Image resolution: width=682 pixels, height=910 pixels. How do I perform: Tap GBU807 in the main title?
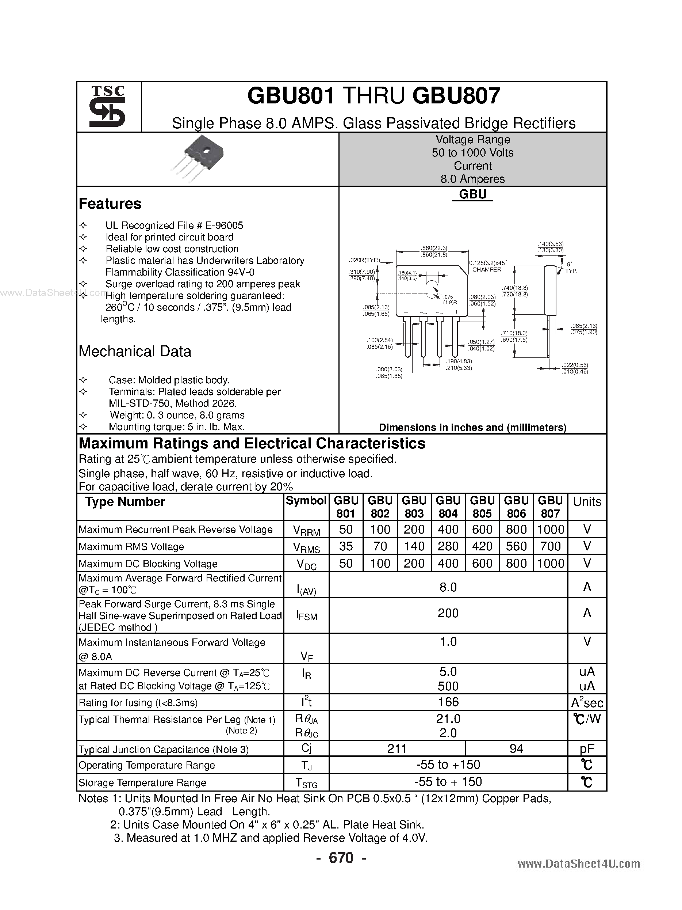[x=456, y=96]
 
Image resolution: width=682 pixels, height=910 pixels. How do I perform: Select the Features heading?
[x=110, y=204]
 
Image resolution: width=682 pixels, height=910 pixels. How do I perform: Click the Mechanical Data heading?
[x=135, y=351]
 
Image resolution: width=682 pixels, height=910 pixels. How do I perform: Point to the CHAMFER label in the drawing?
[x=487, y=270]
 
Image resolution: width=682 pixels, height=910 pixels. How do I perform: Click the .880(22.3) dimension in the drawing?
[x=434, y=248]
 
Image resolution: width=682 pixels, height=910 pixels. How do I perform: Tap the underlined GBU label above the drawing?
[x=472, y=194]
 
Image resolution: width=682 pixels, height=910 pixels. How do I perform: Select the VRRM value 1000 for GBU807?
[x=551, y=530]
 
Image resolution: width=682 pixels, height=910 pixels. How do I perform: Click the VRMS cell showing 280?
[x=448, y=546]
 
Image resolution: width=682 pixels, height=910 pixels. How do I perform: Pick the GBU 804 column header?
[x=448, y=507]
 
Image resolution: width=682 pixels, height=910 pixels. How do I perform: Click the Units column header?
[x=587, y=502]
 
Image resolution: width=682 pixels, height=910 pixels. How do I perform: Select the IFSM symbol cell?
[x=306, y=615]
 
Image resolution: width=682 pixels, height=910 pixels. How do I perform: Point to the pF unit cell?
[x=587, y=749]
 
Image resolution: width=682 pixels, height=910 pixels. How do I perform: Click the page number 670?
[x=341, y=858]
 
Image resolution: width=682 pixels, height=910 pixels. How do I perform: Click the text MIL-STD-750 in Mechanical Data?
[x=137, y=403]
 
